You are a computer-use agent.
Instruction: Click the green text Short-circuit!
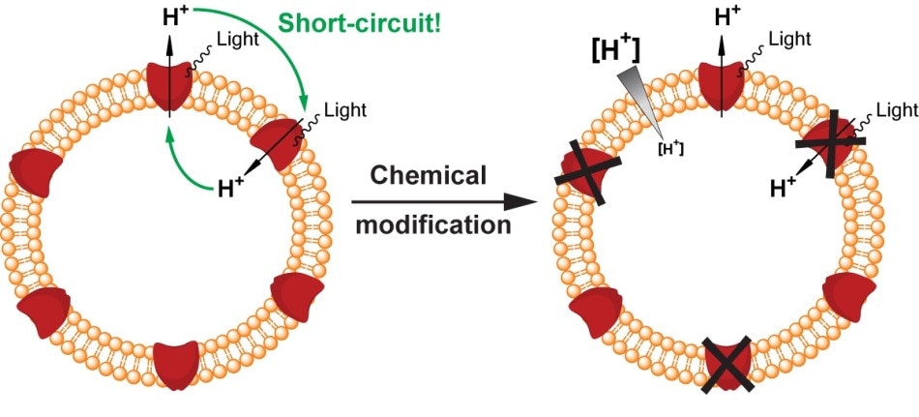(359, 22)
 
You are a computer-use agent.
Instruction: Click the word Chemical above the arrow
(430, 175)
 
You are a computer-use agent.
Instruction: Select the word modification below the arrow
(433, 225)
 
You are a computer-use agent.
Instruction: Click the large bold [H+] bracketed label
(615, 52)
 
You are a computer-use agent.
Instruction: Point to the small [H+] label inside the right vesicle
(671, 148)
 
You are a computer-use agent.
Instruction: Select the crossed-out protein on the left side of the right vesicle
(588, 173)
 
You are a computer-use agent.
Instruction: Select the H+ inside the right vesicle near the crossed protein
(783, 188)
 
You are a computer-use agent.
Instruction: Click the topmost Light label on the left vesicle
(239, 40)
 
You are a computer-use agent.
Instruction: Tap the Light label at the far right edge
(898, 109)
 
